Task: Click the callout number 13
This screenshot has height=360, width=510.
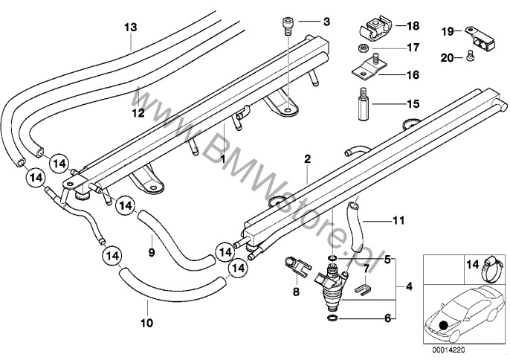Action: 130,27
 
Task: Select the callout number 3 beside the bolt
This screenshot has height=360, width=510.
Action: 324,23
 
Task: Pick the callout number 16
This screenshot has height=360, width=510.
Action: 411,74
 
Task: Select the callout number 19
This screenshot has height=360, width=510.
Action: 447,31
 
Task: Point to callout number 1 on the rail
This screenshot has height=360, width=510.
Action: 223,159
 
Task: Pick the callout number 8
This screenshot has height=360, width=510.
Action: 295,293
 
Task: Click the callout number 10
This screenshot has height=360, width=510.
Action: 146,324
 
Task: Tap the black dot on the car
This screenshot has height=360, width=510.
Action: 443,324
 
